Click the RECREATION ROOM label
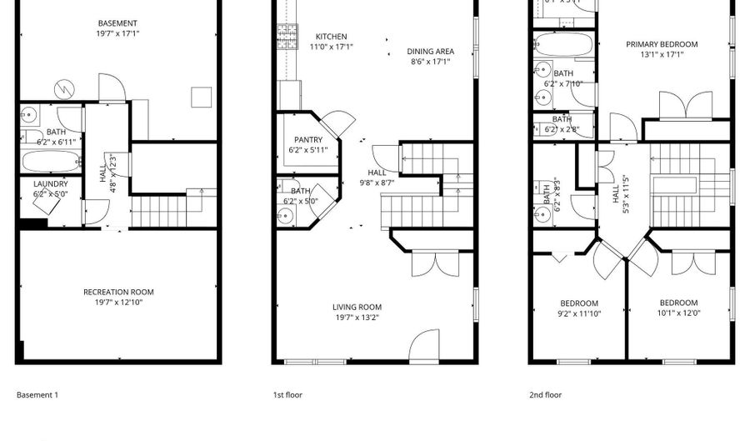pos(118,292)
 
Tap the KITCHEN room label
pos(331,37)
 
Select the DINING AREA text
pos(430,50)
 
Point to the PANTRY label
pos(307,139)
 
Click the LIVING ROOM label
pos(357,307)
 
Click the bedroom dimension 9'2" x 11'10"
pos(578,314)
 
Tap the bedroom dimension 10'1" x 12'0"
pos(678,314)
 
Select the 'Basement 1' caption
pos(37,395)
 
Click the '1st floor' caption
pos(288,395)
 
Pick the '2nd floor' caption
pos(546,395)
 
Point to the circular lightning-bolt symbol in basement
pos(63,87)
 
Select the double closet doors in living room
pos(433,263)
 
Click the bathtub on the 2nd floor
pos(562,44)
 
